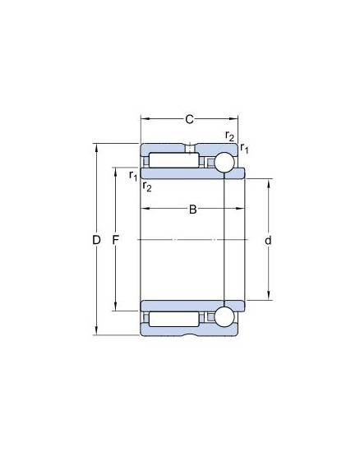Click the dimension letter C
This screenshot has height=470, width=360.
coord(189,119)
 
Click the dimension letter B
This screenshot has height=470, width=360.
coord(192,210)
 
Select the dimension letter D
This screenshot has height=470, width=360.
coord(96,240)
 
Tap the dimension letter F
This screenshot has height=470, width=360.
coord(116,240)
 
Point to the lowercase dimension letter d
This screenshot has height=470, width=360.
coord(268,240)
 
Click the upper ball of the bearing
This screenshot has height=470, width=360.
coord(224,163)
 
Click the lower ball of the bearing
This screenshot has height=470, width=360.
coord(224,317)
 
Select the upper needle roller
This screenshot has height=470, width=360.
coord(174,160)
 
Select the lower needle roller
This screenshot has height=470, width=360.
coord(174,320)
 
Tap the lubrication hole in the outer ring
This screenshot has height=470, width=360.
coord(189,149)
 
